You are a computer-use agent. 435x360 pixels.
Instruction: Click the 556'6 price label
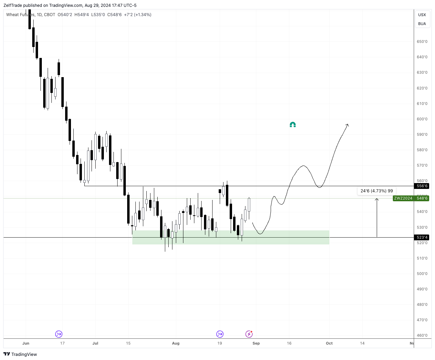422,186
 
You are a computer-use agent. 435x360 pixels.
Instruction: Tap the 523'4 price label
422,237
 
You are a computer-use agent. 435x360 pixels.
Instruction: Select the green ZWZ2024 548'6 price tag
411,198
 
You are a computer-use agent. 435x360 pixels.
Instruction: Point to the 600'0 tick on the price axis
422,119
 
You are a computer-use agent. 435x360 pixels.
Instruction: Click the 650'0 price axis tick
422,41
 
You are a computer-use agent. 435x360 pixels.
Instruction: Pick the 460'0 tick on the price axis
422,335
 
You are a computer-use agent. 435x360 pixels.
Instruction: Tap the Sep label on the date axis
256,343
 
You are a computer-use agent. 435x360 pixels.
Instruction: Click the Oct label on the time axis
329,343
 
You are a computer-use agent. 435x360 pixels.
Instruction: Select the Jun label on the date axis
26,343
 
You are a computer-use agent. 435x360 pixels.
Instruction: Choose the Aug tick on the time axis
176,343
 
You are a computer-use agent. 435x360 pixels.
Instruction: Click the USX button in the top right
422,15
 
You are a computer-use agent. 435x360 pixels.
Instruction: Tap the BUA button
422,24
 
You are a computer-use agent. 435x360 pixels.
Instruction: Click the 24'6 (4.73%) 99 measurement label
376,191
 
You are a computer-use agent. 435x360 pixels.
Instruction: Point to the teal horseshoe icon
293,125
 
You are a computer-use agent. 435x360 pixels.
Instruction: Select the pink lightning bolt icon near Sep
249,334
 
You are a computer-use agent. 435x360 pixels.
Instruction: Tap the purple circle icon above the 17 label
59,334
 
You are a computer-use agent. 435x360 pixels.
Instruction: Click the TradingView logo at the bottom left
20,354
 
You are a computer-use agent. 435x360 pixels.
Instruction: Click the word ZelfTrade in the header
13,5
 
